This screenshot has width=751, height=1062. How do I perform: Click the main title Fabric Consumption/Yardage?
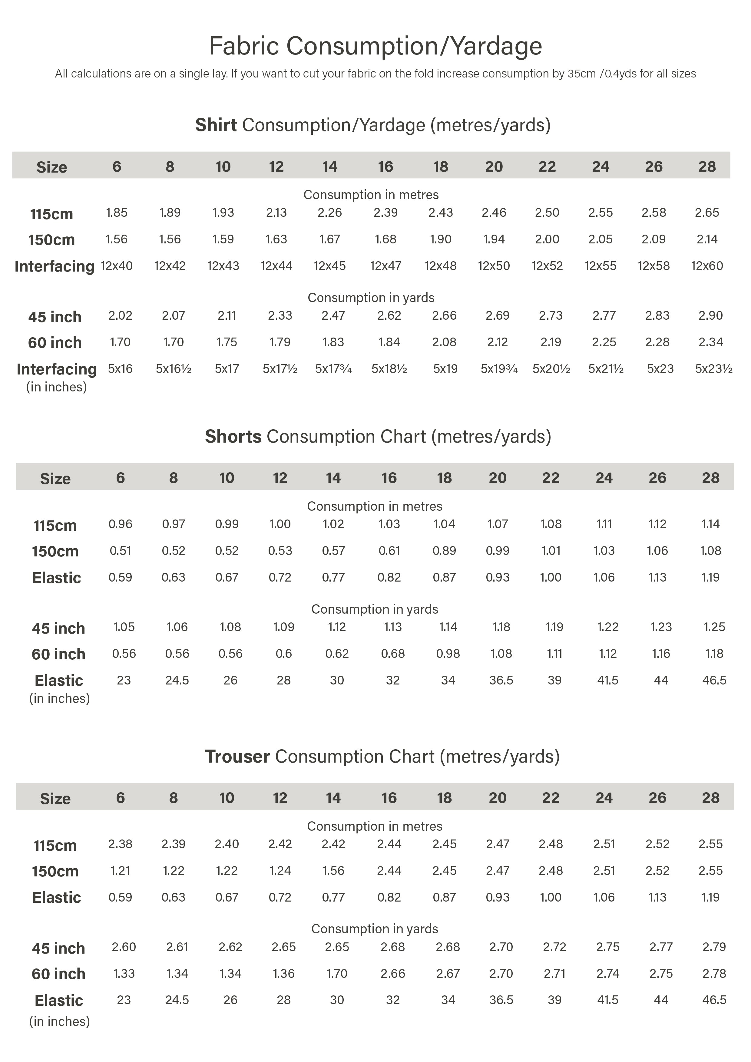coord(375,46)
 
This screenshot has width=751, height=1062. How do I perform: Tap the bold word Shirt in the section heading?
coord(216,125)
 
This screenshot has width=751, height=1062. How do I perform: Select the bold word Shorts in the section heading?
coord(233,436)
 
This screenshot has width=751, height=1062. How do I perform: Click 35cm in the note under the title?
coord(581,74)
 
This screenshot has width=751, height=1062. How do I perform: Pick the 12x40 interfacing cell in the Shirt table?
coord(117,266)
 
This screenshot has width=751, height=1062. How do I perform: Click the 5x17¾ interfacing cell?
coord(333,369)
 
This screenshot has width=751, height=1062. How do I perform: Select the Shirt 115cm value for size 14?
coord(329,213)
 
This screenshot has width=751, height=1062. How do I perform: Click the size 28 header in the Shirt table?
coord(706,167)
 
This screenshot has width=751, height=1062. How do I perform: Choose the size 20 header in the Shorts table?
coord(498,478)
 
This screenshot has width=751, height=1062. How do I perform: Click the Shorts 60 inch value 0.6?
coord(284,654)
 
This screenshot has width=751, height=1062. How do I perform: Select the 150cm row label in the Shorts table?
coord(55,551)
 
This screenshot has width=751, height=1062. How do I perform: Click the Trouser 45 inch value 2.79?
coord(714,947)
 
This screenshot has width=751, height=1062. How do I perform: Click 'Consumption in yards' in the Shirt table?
coord(371,297)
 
